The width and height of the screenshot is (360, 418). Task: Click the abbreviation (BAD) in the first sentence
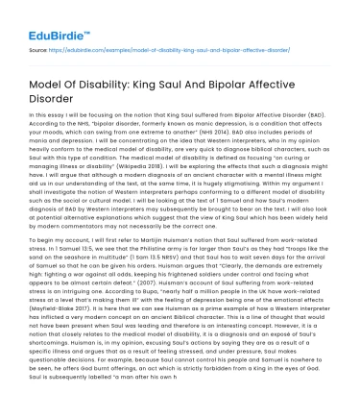pyautogui.click(x=323, y=119)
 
